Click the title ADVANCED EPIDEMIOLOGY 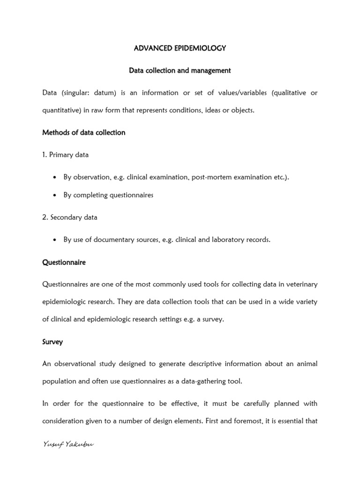(x=180, y=48)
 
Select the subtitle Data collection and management (x=180, y=71)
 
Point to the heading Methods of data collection (x=84, y=133)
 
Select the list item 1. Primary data (x=65, y=155)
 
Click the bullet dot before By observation (x=56, y=177)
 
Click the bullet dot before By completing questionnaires (x=56, y=195)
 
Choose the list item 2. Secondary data (x=70, y=217)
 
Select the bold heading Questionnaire (x=64, y=262)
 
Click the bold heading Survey (x=52, y=342)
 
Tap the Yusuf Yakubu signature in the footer (x=67, y=445)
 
